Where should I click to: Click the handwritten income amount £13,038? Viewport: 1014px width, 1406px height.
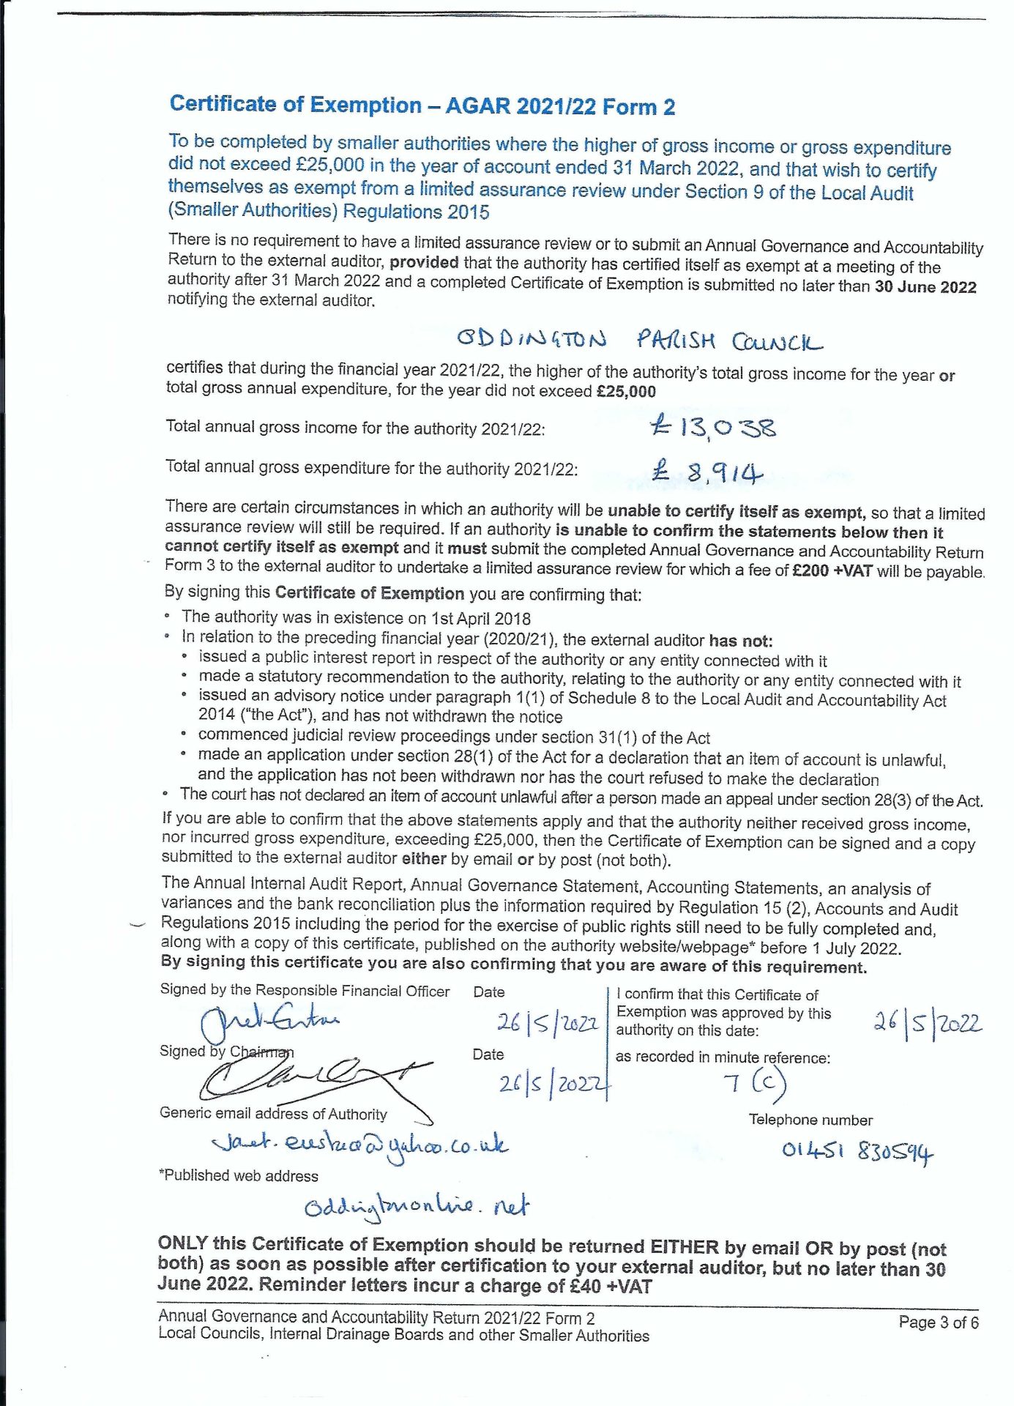tap(713, 426)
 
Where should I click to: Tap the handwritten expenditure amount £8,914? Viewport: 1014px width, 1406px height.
tap(707, 471)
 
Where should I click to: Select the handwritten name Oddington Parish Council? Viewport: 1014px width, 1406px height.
tap(639, 341)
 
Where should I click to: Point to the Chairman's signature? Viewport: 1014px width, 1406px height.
tap(315, 1079)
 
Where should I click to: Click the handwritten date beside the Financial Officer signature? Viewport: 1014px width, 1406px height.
tap(547, 1022)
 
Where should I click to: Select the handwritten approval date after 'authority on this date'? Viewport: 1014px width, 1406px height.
tap(927, 1022)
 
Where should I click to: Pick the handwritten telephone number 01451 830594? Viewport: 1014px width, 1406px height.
tap(857, 1151)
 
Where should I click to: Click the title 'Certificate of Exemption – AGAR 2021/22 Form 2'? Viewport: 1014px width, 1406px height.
tap(422, 106)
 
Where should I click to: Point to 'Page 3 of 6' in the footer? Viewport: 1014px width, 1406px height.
tap(938, 1323)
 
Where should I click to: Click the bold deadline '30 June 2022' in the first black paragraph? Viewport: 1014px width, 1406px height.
tap(925, 287)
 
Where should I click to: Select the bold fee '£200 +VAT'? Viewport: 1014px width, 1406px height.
tap(832, 570)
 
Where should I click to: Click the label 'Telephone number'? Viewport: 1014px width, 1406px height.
tap(810, 1120)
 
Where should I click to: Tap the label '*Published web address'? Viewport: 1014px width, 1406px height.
tap(239, 1176)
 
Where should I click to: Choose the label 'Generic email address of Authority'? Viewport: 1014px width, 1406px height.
tap(273, 1114)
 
